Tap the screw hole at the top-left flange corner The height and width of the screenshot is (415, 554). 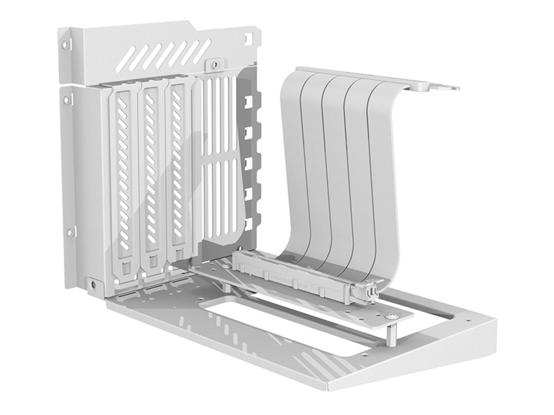(66, 45)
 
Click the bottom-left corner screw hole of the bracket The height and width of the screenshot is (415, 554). (93, 284)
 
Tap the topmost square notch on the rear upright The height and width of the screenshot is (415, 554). (247, 101)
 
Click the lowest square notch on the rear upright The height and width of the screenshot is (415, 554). (247, 222)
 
